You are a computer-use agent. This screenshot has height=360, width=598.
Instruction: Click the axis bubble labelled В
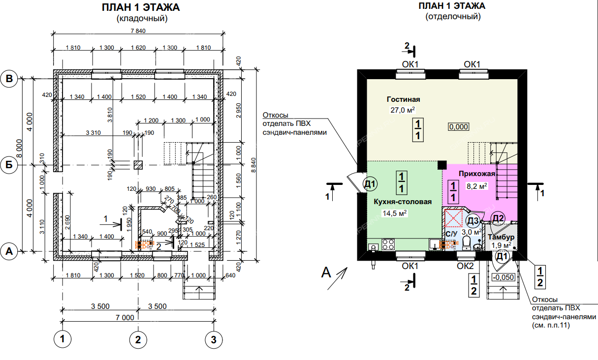click(x=9, y=78)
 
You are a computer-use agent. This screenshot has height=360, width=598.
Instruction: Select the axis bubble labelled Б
click(x=9, y=165)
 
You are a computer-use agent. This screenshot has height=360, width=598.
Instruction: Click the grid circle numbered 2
click(x=138, y=339)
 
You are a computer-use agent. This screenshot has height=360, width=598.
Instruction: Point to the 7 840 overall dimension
click(x=138, y=31)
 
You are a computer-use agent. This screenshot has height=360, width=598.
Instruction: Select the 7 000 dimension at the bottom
click(x=125, y=317)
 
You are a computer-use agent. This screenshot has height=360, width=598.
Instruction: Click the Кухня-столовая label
click(x=403, y=202)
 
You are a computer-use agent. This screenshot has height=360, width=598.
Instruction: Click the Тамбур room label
click(x=501, y=237)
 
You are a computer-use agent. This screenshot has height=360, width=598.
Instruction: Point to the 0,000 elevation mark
click(x=458, y=126)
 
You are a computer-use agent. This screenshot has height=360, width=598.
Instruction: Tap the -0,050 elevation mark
click(x=503, y=277)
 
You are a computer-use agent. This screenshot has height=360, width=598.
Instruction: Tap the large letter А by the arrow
click(x=326, y=272)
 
